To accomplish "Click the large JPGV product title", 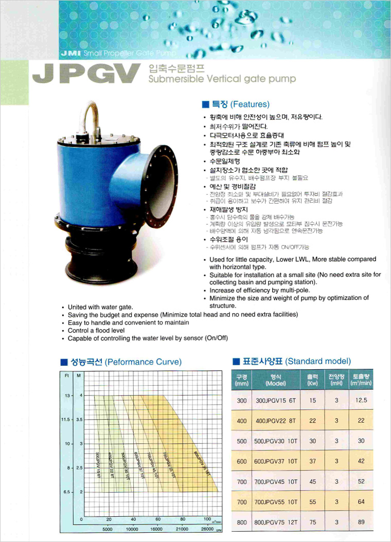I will click(85, 74).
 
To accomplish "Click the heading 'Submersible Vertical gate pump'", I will click(222, 79).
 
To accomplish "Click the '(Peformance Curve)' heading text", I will click(143, 362).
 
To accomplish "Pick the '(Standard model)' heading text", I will click(318, 361).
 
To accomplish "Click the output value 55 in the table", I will click(313, 502).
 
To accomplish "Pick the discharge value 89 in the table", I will click(361, 522).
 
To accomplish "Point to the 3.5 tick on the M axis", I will click(79, 420).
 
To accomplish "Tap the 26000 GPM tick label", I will click(207, 529).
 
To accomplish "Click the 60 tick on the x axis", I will click(158, 519).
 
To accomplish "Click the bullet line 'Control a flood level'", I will click(96, 330).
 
